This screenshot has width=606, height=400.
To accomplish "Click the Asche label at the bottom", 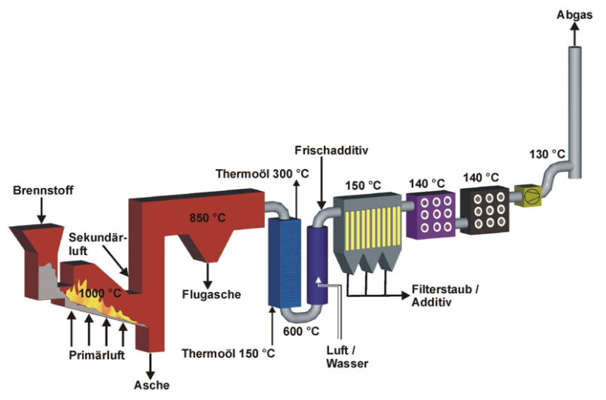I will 153,386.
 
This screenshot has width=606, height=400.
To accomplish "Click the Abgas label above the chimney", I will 575,14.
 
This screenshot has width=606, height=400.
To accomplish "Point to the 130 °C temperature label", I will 547,154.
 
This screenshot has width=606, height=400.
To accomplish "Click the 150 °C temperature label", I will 364,184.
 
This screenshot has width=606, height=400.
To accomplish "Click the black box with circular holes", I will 483,211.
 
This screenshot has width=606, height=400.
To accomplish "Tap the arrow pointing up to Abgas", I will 575,34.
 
